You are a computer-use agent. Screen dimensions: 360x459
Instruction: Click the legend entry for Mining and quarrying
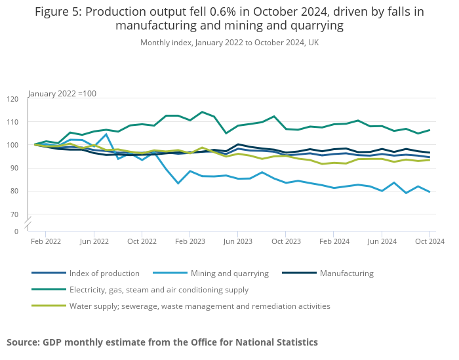(x=229, y=273)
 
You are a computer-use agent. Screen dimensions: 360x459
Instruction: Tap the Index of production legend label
(x=104, y=273)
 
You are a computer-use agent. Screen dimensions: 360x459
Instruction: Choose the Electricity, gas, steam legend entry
(x=159, y=290)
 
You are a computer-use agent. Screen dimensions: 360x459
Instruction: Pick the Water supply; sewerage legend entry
(x=199, y=306)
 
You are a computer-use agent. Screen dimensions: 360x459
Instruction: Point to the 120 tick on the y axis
(x=12, y=99)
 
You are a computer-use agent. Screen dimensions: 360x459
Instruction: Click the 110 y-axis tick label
(x=12, y=122)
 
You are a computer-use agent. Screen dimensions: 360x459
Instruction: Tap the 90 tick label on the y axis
(x=14, y=168)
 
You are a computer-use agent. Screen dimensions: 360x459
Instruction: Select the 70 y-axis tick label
(x=14, y=214)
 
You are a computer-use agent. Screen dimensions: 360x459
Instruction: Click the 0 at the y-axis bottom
(x=16, y=231)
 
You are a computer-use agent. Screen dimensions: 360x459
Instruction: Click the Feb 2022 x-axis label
(x=46, y=241)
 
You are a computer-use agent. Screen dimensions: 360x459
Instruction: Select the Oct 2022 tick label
(x=142, y=241)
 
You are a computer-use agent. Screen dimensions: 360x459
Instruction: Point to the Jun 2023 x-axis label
(x=238, y=241)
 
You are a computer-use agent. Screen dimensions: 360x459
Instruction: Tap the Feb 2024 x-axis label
(x=334, y=241)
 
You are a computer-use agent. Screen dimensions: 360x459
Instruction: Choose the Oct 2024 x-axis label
(x=429, y=241)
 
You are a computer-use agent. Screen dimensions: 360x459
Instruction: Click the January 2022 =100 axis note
(x=62, y=94)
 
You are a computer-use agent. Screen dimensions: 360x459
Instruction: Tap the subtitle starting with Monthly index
(x=229, y=43)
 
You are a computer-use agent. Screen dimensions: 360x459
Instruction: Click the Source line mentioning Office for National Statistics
(x=162, y=342)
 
